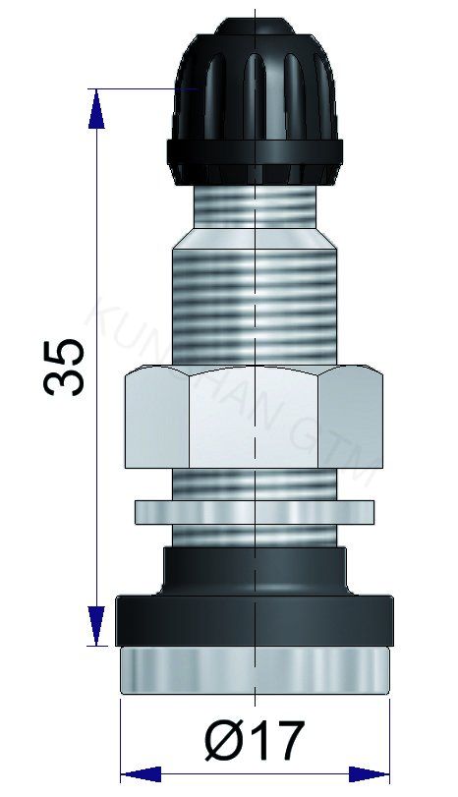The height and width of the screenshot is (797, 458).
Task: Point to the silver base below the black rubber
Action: coord(255,672)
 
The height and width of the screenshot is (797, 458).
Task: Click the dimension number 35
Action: coord(66,366)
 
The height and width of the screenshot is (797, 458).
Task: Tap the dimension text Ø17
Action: coord(255,738)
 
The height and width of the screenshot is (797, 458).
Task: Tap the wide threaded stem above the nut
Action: coord(255,305)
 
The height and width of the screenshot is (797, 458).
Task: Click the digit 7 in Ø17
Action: coord(285,739)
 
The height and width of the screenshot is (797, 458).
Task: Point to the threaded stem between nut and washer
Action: coord(255,483)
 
